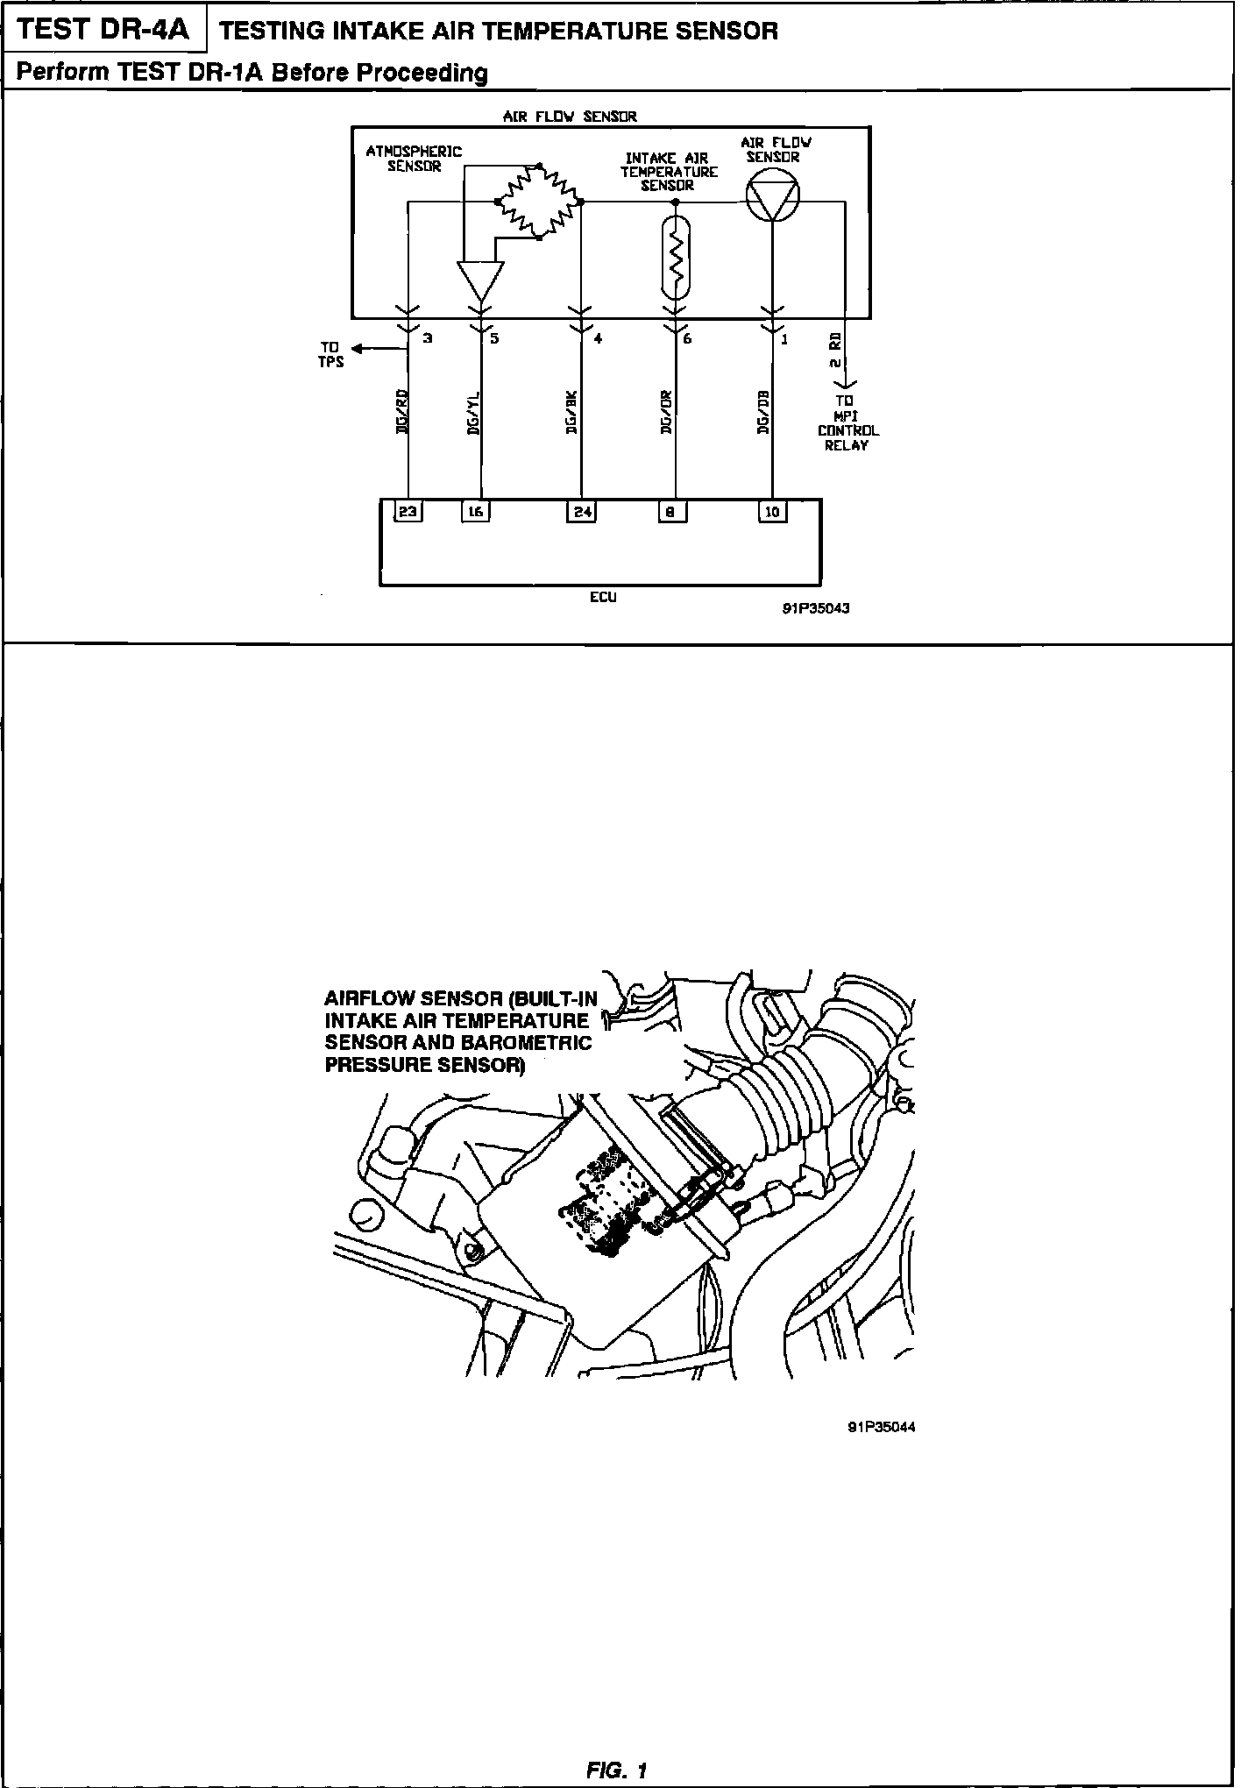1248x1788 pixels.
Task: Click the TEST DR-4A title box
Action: (103, 31)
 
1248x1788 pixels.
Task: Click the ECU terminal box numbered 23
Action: (408, 512)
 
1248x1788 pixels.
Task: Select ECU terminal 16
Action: (475, 512)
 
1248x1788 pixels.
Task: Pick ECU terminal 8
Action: (672, 512)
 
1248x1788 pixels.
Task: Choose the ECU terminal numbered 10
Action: (772, 512)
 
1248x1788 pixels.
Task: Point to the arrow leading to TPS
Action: (372, 350)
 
